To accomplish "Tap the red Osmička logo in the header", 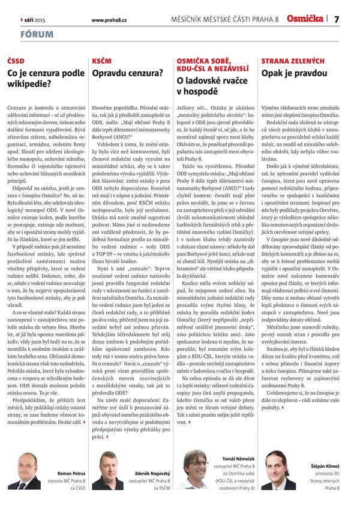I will [305, 19].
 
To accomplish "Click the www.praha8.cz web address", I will [109, 20].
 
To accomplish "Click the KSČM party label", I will [102, 62].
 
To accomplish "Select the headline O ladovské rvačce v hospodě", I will [208, 85].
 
